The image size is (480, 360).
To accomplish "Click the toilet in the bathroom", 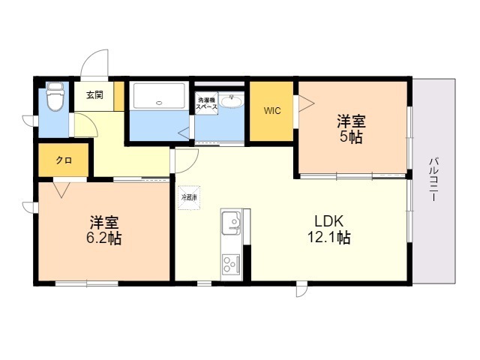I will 55,97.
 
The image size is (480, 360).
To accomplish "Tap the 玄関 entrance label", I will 94,95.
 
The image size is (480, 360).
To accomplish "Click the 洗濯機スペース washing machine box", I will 207,104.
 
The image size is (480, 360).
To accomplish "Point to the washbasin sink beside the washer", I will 233,103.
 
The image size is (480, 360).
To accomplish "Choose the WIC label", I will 271,111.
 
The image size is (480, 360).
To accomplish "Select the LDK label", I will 328,222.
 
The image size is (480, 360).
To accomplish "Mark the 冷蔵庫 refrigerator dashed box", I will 188,197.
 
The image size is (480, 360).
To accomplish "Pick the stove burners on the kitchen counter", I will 229,264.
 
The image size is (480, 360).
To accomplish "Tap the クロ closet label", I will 64,161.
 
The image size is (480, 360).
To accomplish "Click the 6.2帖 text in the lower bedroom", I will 104,239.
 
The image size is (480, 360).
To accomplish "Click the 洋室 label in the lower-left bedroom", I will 103,223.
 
